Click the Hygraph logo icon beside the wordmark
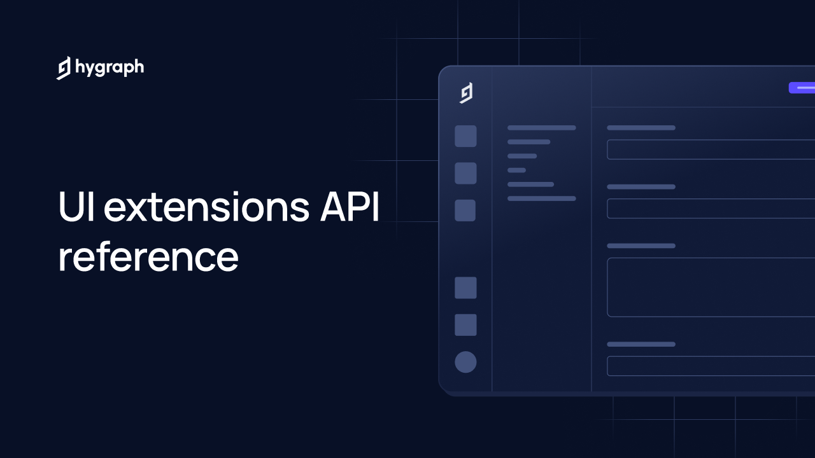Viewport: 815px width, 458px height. (x=63, y=68)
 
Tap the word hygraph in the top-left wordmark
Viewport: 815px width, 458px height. (x=110, y=67)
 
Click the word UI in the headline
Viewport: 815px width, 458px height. (x=76, y=206)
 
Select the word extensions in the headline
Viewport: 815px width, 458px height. (x=206, y=207)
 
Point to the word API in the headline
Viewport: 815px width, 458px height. (x=350, y=206)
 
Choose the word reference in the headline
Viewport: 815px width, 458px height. (x=148, y=257)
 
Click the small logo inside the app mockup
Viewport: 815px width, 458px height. (x=466, y=93)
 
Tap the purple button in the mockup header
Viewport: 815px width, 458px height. (x=802, y=88)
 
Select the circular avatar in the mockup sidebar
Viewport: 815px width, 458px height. (x=465, y=362)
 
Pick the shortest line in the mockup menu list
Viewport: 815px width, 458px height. (x=516, y=170)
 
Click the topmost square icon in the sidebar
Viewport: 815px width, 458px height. (x=465, y=136)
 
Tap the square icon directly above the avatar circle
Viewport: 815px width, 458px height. (x=465, y=325)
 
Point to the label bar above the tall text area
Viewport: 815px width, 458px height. (x=641, y=246)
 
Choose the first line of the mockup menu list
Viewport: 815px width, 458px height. (x=542, y=128)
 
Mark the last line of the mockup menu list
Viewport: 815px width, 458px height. (x=542, y=198)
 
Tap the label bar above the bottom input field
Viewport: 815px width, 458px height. (x=641, y=344)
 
